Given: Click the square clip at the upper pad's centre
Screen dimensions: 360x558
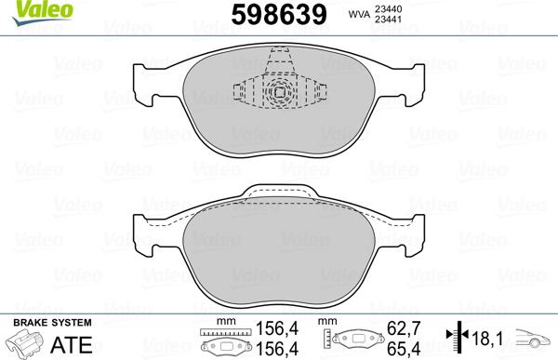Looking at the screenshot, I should [278, 92].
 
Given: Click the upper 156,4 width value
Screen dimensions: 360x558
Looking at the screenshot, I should [272, 327].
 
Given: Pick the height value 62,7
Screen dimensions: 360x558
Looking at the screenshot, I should [403, 327].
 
